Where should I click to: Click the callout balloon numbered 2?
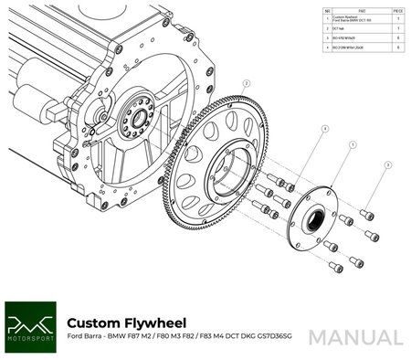click(x=246, y=82)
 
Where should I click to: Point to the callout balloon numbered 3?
click(x=387, y=166)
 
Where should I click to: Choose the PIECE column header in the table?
click(x=398, y=11)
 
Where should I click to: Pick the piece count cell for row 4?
click(x=398, y=47)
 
